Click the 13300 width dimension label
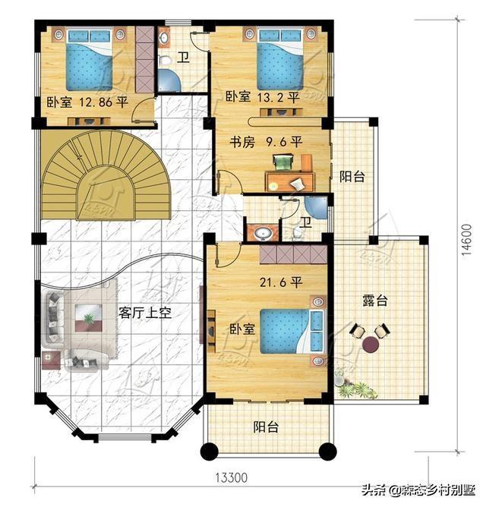tap(232, 477)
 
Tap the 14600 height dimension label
tap(466, 240)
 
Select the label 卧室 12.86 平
tap(87, 102)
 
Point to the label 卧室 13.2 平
tap(262, 96)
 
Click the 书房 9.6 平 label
tap(266, 142)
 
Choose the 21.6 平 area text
tap(281, 282)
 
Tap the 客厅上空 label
tap(144, 313)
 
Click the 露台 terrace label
tap(374, 301)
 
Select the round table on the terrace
tap(371, 345)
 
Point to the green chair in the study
tap(283, 162)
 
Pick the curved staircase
tap(106, 175)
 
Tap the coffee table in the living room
tap(88, 318)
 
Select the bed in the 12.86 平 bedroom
tap(90, 60)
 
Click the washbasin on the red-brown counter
tap(263, 233)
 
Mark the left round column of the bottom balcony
tap(210, 451)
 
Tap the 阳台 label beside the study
tap(352, 177)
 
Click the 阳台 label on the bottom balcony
tap(266, 427)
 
